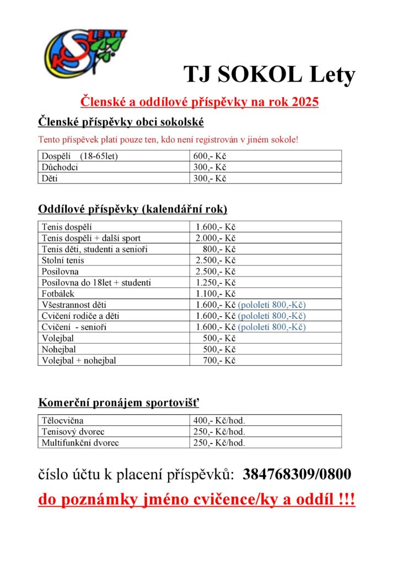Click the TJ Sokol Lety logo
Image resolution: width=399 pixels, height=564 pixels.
[85, 55]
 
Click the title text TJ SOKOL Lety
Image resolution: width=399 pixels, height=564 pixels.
[269, 75]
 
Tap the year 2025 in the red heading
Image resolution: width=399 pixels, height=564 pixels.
[302, 102]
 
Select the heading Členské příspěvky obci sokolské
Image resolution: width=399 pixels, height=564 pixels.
[121, 122]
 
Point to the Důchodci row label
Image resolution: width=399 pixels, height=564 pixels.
[60, 167]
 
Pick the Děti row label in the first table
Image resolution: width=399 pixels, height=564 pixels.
[50, 178]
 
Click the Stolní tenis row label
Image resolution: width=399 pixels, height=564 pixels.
[63, 260]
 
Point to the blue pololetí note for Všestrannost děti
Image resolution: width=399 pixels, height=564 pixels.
[272, 305]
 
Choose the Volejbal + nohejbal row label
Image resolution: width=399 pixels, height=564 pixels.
[79, 360]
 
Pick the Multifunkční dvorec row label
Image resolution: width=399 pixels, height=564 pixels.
[80, 442]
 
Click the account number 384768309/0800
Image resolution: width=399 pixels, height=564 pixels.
[297, 474]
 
